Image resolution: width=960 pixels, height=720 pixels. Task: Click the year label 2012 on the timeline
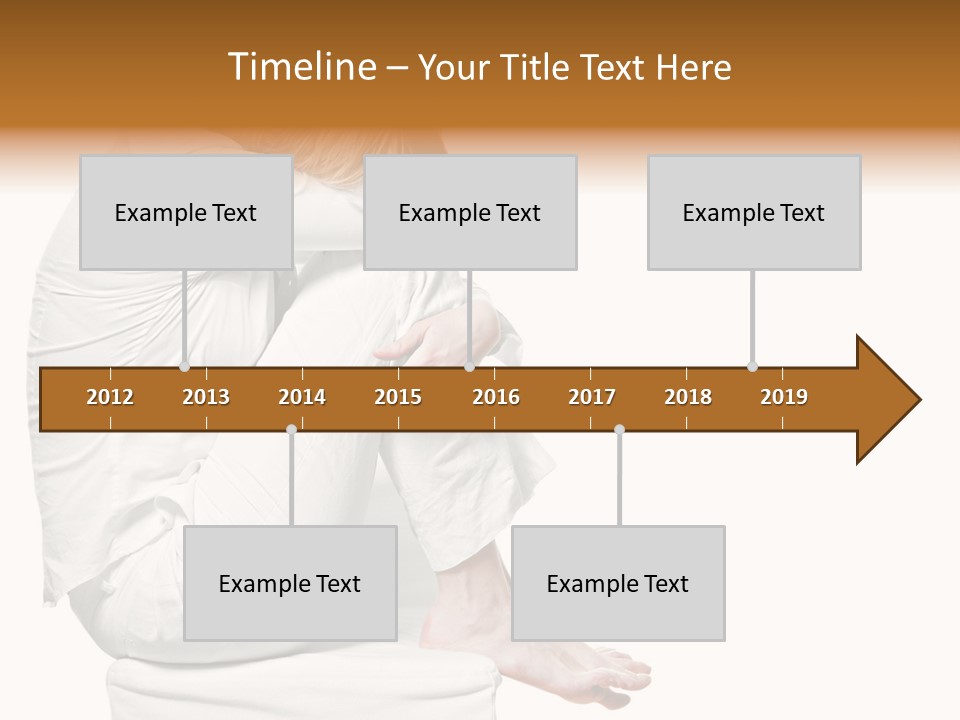click(110, 397)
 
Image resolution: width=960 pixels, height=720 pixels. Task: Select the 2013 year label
click(206, 397)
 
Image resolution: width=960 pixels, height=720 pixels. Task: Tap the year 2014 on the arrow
click(302, 397)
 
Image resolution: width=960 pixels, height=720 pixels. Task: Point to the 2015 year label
click(398, 397)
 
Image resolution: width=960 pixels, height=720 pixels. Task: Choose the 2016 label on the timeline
click(496, 397)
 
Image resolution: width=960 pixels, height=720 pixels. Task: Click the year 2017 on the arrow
click(592, 397)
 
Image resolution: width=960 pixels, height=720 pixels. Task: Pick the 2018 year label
click(688, 397)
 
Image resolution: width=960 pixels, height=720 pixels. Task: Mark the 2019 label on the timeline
click(784, 397)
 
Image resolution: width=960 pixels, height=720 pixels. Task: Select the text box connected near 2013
click(186, 212)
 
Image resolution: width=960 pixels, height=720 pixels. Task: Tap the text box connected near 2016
click(470, 212)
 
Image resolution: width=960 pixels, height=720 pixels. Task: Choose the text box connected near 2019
click(754, 212)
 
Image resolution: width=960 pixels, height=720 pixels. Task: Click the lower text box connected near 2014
click(290, 583)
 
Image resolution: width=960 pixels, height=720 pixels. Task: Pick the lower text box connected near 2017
click(618, 583)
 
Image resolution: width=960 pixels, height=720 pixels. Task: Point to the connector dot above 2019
click(752, 366)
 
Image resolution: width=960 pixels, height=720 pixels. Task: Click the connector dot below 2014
click(291, 430)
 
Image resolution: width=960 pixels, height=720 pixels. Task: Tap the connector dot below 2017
click(619, 430)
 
